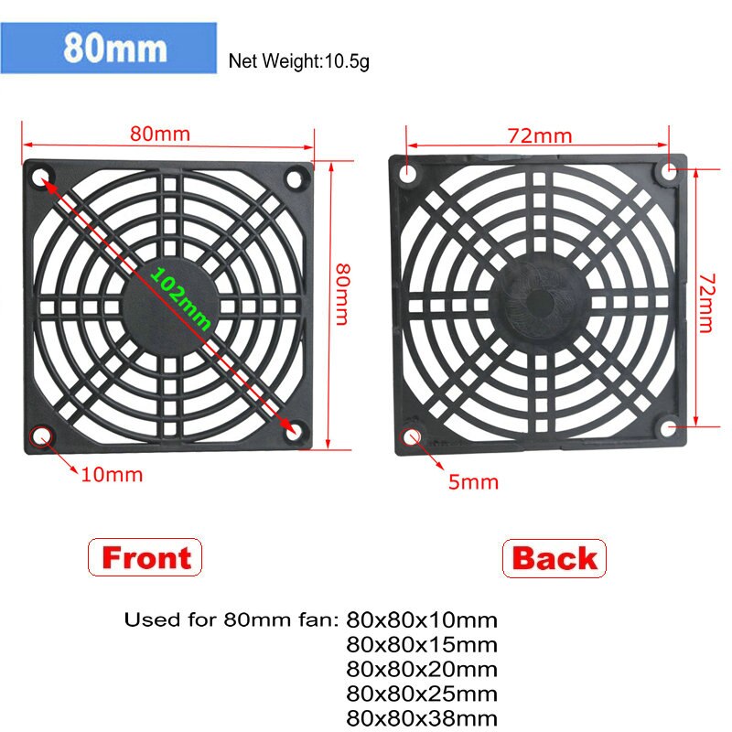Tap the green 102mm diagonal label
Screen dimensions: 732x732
181,299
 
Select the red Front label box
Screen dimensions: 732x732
145,557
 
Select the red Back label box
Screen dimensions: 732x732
554,558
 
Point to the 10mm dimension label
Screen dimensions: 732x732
113,475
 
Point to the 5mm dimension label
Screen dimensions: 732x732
473,481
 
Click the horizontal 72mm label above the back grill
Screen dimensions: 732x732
540,136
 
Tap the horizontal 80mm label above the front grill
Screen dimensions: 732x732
160,134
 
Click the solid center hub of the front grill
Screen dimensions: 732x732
170,302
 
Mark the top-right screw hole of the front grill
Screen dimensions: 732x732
296,178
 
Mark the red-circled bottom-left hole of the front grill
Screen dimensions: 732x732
41,436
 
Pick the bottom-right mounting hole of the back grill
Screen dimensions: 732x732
671,427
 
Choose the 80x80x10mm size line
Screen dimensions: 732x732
423,621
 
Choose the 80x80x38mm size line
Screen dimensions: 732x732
423,717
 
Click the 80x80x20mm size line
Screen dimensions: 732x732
423,670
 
